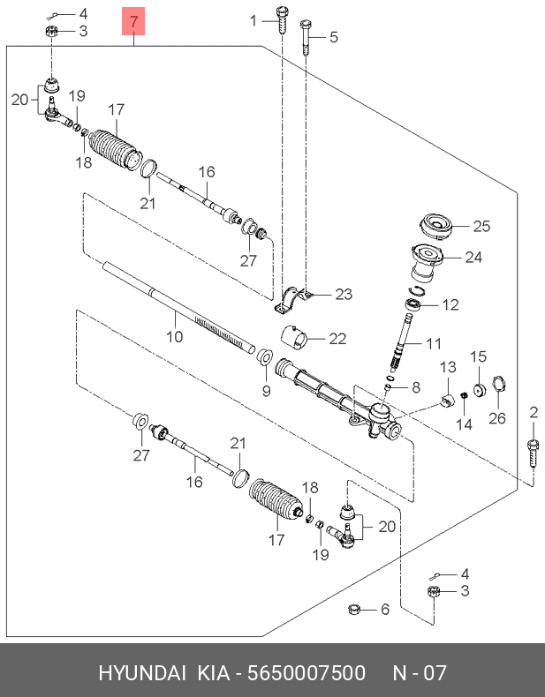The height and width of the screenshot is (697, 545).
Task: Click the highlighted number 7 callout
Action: point(133,21)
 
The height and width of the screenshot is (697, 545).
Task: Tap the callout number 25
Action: point(481,227)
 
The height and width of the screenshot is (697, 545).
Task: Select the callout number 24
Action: point(473,258)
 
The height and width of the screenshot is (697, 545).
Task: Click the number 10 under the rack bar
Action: point(174,337)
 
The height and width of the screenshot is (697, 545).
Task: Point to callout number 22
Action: point(337,338)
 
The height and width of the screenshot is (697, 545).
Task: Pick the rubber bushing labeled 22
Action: point(294,338)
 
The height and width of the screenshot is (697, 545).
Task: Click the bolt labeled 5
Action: point(306,36)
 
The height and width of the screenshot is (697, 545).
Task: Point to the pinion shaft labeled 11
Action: point(405,340)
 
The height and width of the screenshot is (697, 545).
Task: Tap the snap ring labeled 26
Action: point(496,386)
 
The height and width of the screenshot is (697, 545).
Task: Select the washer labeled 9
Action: point(263,357)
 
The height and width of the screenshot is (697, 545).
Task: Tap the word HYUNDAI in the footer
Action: point(141,673)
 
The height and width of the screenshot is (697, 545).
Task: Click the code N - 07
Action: point(420,673)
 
